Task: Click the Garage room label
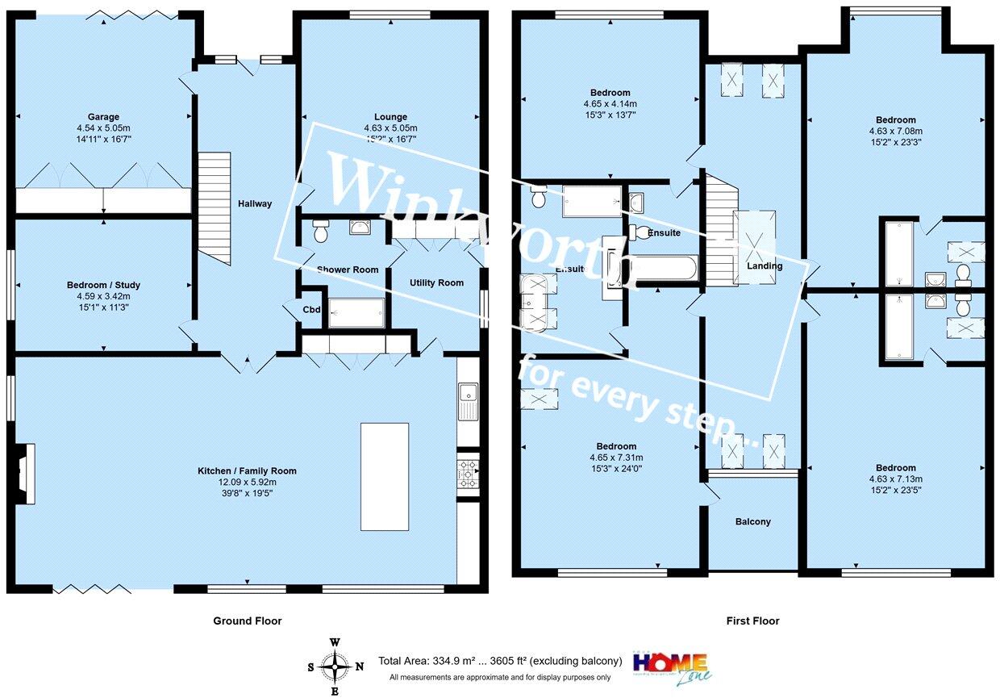(x=103, y=116)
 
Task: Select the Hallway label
(x=255, y=204)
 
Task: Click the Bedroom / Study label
(x=103, y=285)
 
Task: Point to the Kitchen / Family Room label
(x=248, y=471)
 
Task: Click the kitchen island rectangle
(x=385, y=476)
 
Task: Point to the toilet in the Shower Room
(x=321, y=233)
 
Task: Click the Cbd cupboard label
(x=311, y=310)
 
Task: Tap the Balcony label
(x=752, y=521)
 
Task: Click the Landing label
(x=764, y=266)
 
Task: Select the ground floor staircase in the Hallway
(x=215, y=208)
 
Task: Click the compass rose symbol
(x=335, y=667)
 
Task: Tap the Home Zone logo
(x=670, y=663)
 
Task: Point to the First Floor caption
(x=752, y=621)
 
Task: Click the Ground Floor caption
(x=248, y=621)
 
